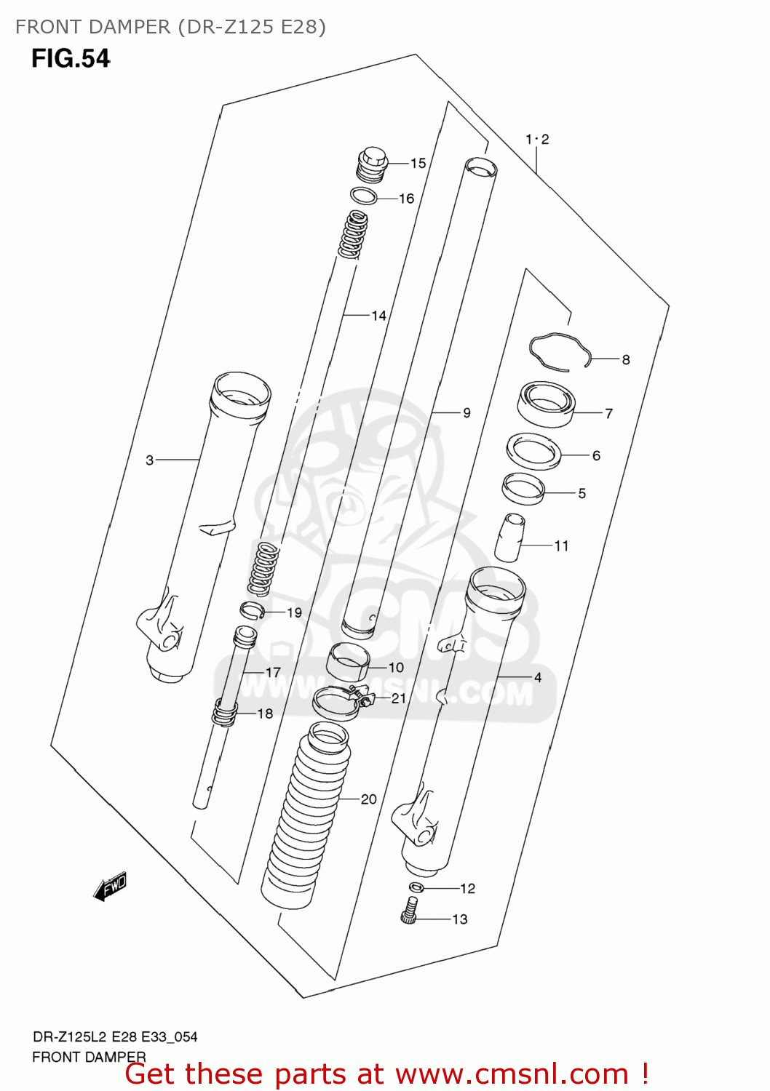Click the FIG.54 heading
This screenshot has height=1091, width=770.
(71, 59)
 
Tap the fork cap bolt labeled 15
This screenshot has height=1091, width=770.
(372, 165)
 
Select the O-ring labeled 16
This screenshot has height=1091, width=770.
(363, 196)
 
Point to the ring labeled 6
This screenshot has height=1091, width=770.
(533, 452)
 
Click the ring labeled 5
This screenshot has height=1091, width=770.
(523, 488)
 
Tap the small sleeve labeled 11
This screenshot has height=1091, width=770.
(511, 538)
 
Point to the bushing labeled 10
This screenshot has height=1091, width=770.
(348, 662)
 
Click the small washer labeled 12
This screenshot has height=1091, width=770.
(416, 887)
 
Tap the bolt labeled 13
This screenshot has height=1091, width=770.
(410, 911)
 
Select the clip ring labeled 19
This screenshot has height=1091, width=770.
(252, 610)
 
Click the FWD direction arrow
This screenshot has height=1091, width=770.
(111, 887)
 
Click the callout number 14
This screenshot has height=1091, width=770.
(378, 316)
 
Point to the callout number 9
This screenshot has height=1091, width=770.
(467, 413)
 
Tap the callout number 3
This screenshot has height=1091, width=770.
(149, 460)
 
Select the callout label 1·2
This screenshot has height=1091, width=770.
(537, 139)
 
